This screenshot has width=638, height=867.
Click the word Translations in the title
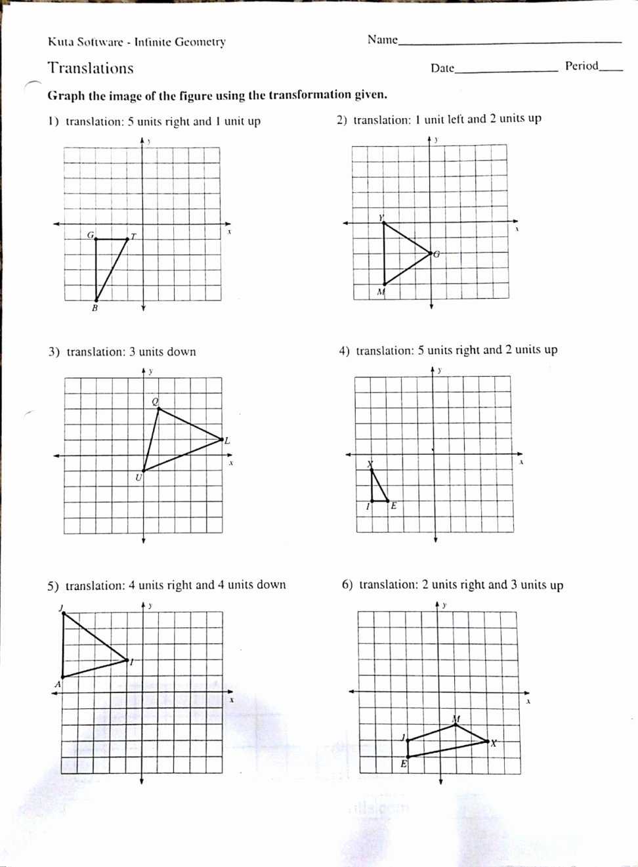tap(91, 68)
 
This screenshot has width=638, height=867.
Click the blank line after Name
tap(509, 42)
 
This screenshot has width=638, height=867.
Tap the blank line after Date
tap(505, 70)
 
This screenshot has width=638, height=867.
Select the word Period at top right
tap(582, 66)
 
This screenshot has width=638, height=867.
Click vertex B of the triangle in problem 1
tap(96, 301)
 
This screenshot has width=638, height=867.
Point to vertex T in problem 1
tap(127, 240)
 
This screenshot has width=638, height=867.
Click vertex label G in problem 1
tap(91, 234)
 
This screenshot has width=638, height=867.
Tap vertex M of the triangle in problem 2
tap(384, 284)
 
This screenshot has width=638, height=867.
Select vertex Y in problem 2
tap(384, 223)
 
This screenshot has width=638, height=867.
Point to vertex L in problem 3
tap(221, 439)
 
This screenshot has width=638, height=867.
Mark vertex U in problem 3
tap(143, 471)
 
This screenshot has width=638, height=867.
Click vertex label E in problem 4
tap(393, 505)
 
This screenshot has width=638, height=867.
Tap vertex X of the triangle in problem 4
tap(371, 469)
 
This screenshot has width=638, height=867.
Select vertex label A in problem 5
tap(57, 684)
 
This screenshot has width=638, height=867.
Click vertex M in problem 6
tap(456, 725)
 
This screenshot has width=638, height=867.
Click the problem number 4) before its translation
tap(345, 351)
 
